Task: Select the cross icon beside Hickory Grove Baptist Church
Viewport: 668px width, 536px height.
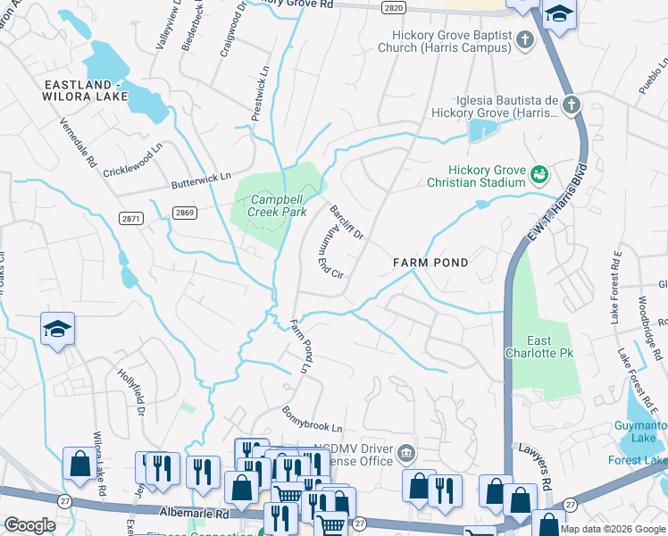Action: point(525,39)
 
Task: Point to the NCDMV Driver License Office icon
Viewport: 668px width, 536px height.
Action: point(406,454)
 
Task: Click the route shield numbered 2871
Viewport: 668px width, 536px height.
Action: point(131,218)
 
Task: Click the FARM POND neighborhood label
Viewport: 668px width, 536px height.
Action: point(431,263)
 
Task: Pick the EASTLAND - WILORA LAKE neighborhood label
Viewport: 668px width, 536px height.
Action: point(82,91)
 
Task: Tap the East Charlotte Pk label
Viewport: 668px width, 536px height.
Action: point(551,348)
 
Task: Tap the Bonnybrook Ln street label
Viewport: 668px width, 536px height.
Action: point(313,422)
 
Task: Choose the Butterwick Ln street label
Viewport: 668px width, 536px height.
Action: point(201,181)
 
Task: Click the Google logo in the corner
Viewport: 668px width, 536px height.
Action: point(29,525)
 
